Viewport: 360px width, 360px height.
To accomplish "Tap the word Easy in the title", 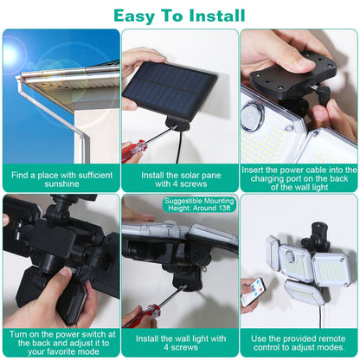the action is click(x=134, y=16).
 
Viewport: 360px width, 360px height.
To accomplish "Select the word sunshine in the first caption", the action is click(x=61, y=183).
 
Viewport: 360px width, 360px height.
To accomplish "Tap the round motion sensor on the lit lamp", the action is click(x=252, y=116).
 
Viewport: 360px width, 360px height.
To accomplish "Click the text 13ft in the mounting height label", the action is click(x=222, y=208).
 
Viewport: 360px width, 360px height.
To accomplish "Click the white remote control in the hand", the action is click(x=254, y=291).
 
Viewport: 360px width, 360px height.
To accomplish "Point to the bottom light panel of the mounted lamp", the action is click(x=303, y=292).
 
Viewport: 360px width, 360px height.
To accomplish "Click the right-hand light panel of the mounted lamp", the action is click(x=331, y=269).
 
